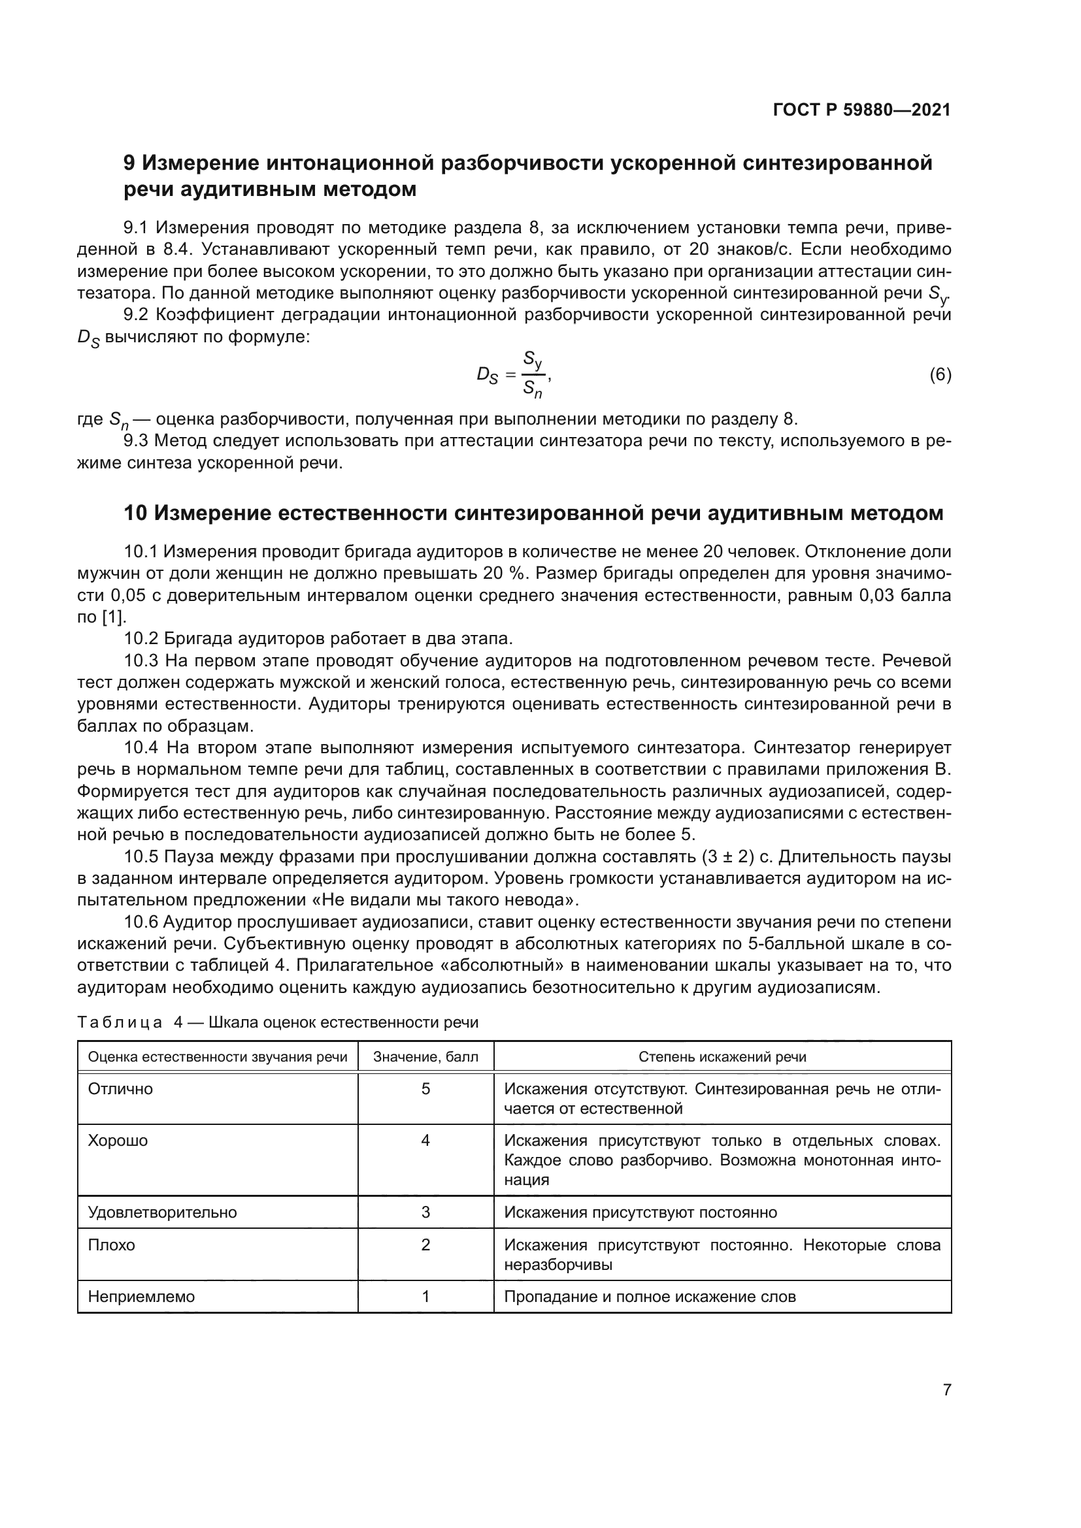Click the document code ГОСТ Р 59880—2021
(x=861, y=110)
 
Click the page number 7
(x=946, y=1390)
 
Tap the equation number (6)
(x=940, y=375)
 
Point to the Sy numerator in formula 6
(x=533, y=361)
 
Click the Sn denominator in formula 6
(x=532, y=389)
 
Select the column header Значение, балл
(x=425, y=1057)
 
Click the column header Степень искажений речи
(x=722, y=1057)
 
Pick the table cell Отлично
(x=120, y=1090)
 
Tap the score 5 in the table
(x=425, y=1090)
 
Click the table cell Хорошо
(x=118, y=1141)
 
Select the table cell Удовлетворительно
(x=163, y=1212)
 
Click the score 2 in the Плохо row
(x=425, y=1244)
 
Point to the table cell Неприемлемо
(x=141, y=1296)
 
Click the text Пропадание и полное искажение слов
(x=650, y=1296)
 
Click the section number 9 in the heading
(x=130, y=163)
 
